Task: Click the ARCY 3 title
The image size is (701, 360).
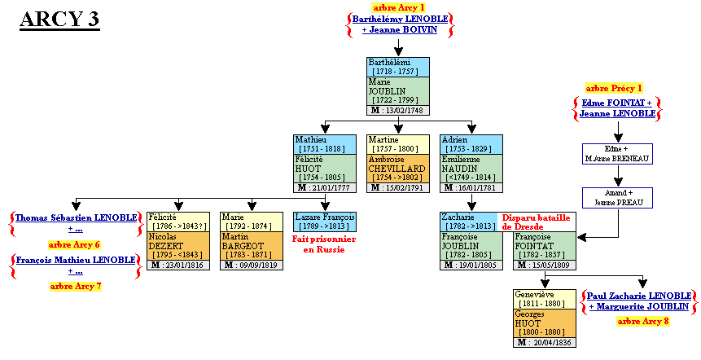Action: (59, 20)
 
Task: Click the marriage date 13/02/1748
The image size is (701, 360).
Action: (398, 110)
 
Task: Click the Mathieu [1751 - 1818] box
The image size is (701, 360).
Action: (325, 144)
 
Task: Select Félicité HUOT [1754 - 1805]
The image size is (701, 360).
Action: (325, 169)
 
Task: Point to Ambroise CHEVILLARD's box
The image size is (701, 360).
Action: (398, 169)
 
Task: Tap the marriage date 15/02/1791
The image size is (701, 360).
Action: (398, 188)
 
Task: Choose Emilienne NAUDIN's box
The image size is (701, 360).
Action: (471, 169)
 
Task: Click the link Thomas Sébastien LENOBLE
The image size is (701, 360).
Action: (75, 217)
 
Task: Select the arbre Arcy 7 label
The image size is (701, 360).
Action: (75, 286)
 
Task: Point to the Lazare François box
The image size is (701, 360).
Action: (325, 221)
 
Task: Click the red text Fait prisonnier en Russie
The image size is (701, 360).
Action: (325, 244)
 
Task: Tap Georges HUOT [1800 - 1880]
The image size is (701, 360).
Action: (545, 323)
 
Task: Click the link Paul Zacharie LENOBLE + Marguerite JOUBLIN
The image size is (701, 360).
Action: (639, 301)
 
